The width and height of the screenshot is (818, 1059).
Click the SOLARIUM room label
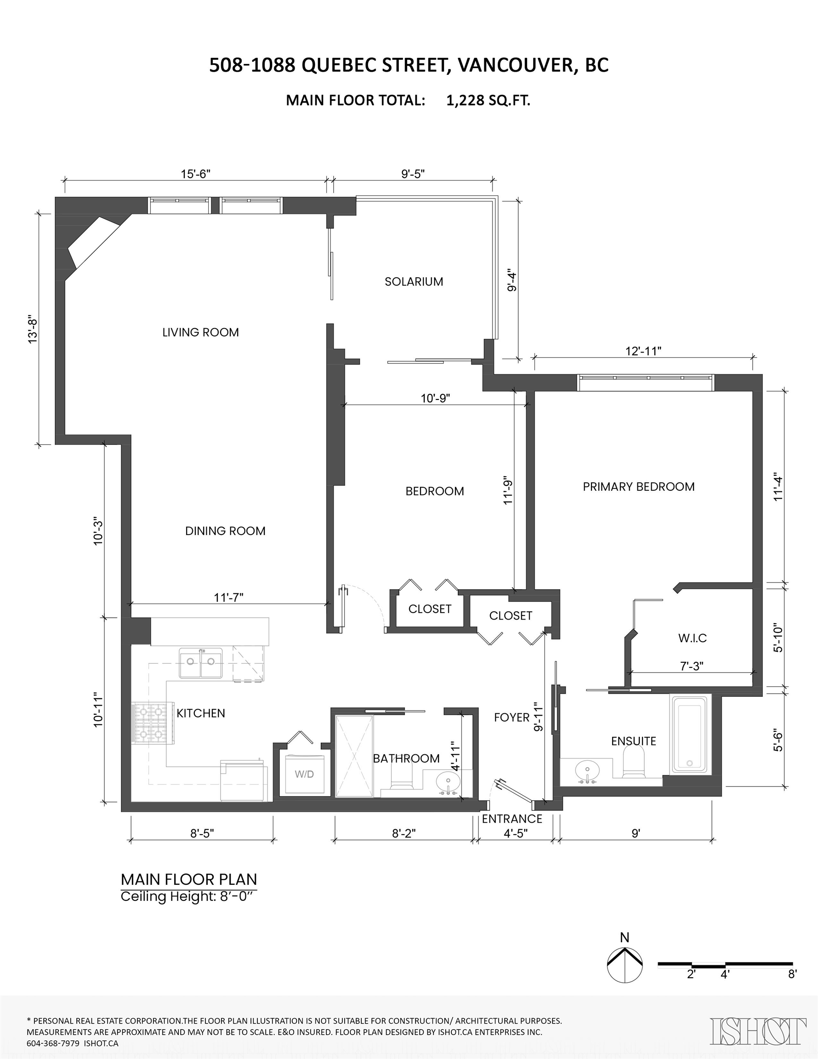coord(414,282)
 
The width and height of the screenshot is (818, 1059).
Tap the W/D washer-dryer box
coord(304,774)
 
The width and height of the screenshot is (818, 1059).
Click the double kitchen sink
coord(201,663)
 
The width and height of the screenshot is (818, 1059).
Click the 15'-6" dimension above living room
coord(196,174)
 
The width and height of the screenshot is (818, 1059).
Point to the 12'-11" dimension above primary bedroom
coord(643,351)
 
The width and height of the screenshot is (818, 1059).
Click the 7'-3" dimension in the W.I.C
coord(691,666)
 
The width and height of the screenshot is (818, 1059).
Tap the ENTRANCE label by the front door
coord(512,819)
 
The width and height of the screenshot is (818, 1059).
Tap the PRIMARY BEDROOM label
coord(638,487)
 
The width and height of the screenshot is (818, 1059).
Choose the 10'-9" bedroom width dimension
coord(435,399)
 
